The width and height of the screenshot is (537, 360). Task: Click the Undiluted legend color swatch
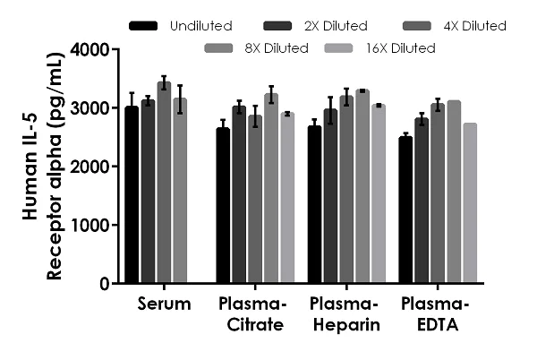click(143, 26)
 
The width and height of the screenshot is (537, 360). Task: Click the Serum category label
click(165, 304)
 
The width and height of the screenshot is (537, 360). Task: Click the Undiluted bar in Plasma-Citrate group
click(223, 205)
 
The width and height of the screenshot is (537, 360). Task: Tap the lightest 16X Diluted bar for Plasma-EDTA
click(470, 203)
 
